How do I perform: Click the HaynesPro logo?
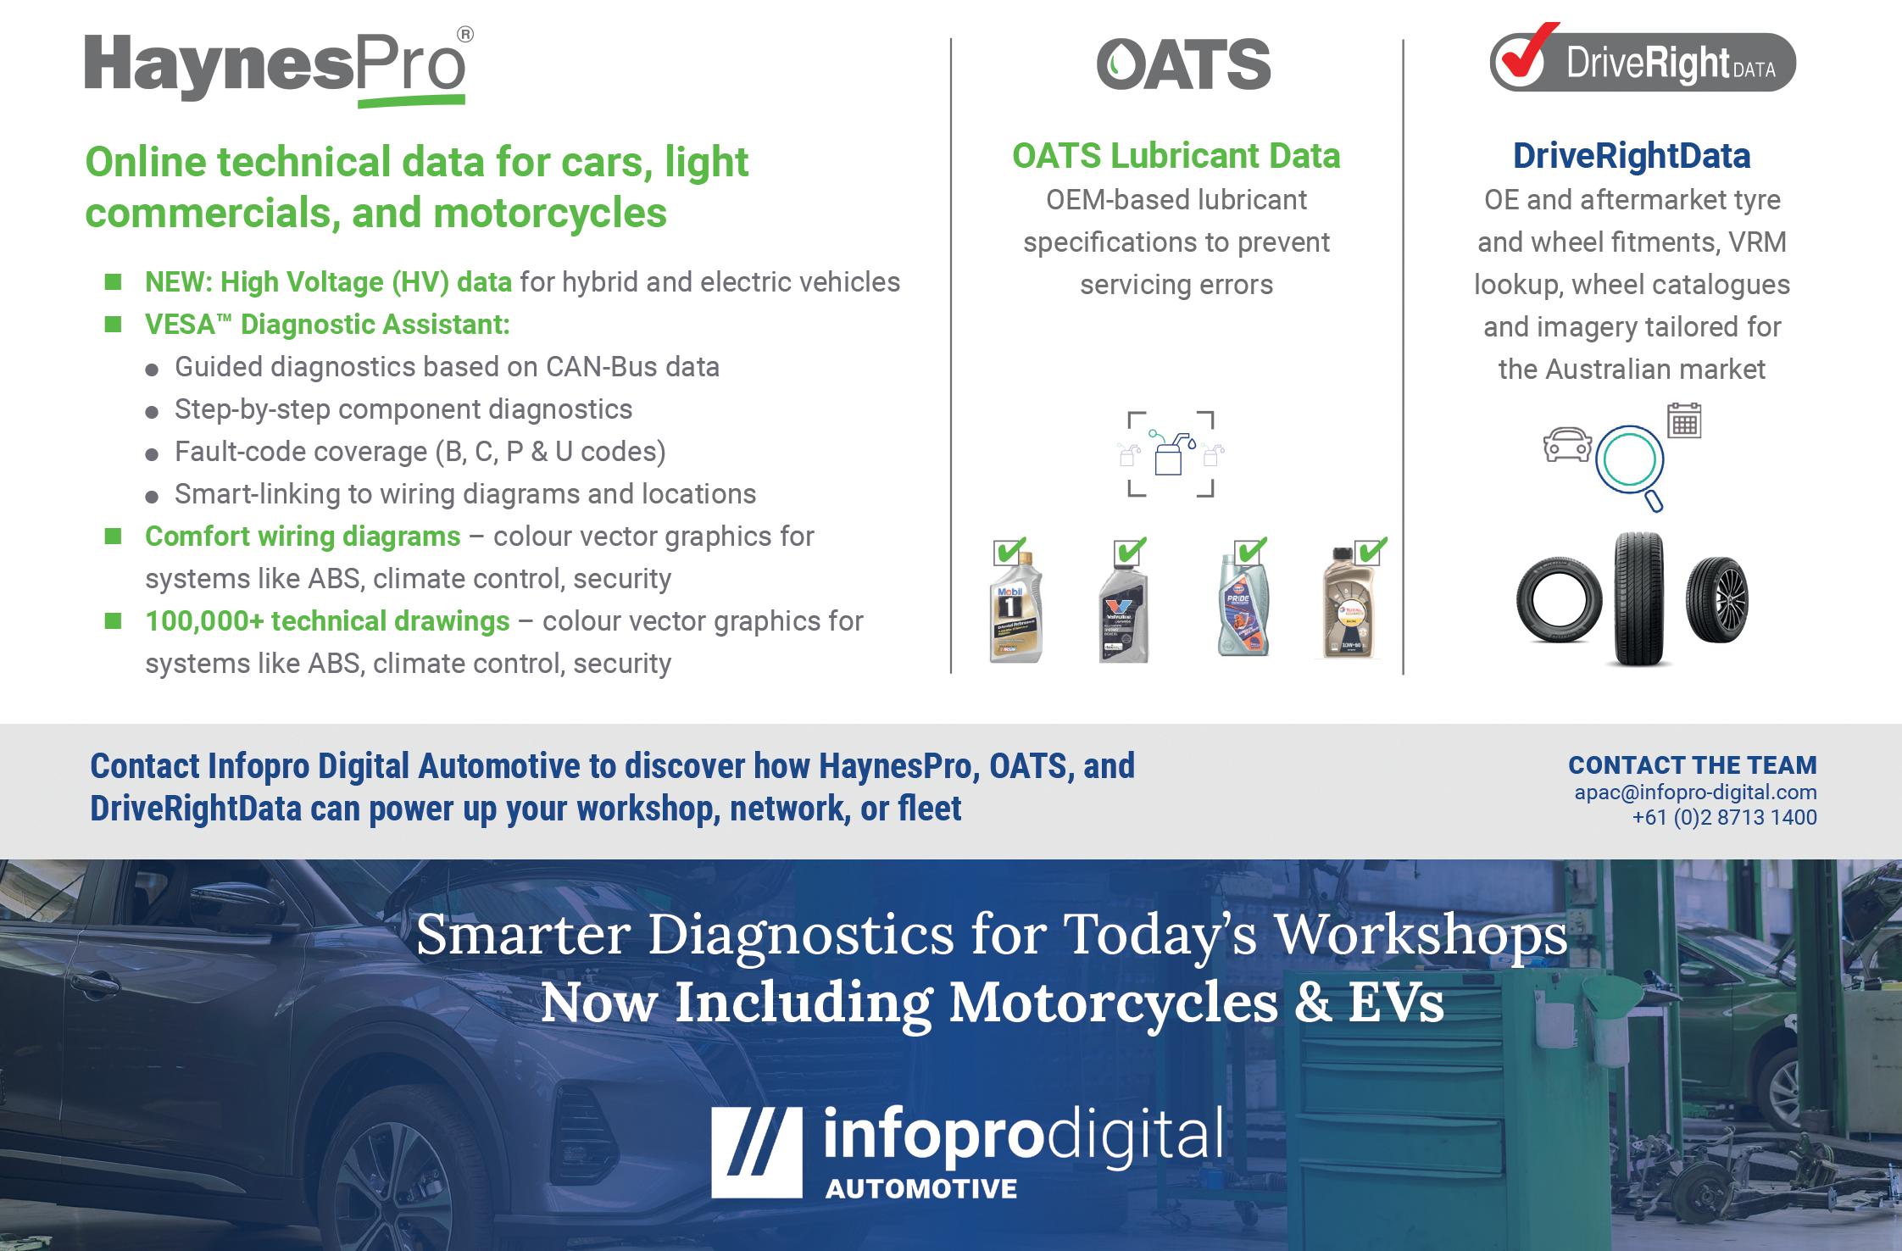tap(279, 68)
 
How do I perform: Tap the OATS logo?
tap(1183, 64)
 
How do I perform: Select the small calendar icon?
tap(1684, 420)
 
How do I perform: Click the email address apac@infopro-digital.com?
tap(1695, 792)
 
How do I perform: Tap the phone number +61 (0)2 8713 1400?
tap(1724, 817)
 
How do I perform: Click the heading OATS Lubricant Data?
tap(1176, 156)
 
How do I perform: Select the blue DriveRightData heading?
tap(1632, 156)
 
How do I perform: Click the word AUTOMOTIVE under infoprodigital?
tap(921, 1188)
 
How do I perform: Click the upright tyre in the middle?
tap(1638, 598)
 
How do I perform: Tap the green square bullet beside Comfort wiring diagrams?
tap(113, 536)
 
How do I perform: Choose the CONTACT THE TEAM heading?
tap(1693, 764)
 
